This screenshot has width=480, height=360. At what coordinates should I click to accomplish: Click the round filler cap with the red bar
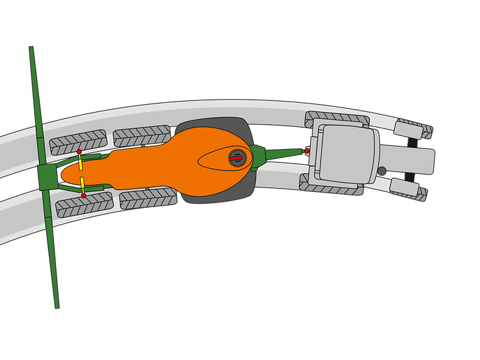click(x=236, y=157)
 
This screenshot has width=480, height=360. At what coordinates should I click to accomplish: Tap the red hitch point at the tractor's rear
click(x=307, y=151)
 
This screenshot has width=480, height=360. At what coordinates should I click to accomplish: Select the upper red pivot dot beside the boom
click(x=79, y=152)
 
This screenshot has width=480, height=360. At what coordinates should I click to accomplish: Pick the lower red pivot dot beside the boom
click(x=83, y=195)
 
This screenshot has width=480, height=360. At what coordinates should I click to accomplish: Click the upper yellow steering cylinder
click(x=81, y=162)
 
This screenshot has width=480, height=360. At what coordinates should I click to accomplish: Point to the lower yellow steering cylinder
click(x=83, y=184)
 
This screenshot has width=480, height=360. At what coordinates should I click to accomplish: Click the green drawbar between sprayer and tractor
click(x=280, y=155)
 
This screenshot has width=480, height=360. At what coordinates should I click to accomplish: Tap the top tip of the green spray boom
click(x=31, y=49)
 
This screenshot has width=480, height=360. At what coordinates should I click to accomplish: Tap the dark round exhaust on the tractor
click(x=382, y=171)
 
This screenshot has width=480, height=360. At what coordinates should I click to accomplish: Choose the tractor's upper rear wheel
click(x=337, y=119)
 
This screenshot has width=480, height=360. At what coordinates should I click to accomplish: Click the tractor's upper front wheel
click(x=414, y=128)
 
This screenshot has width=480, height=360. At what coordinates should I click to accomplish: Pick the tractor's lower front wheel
click(x=409, y=191)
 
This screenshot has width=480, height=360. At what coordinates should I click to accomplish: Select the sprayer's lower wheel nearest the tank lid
click(x=148, y=199)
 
